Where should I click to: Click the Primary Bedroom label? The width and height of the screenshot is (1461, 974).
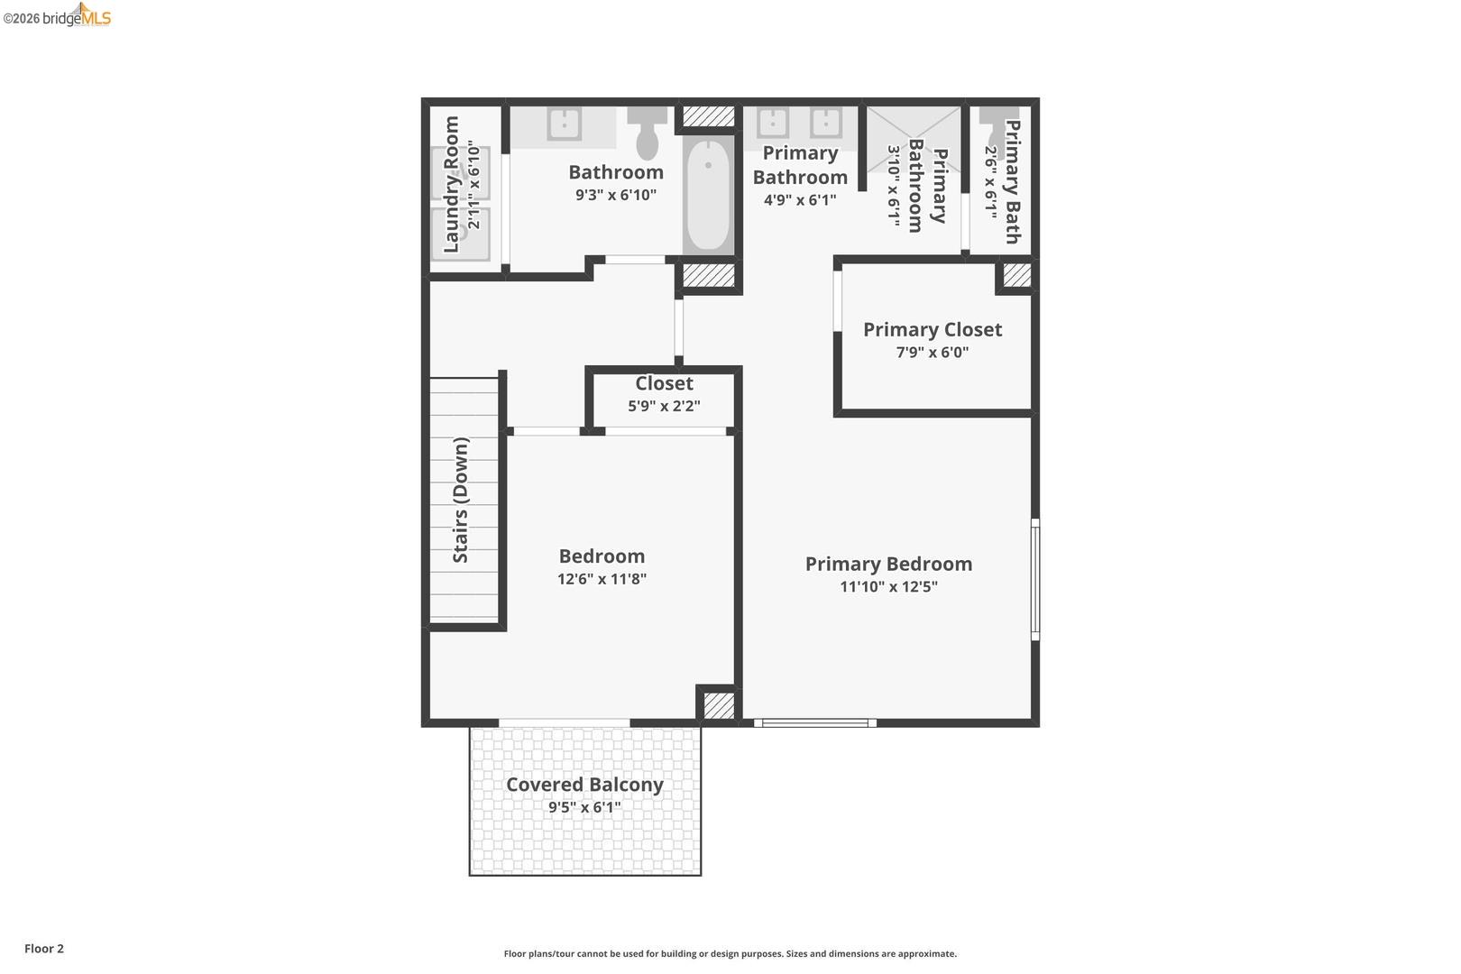(x=888, y=564)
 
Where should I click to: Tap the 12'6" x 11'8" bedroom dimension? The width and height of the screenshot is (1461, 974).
(x=602, y=579)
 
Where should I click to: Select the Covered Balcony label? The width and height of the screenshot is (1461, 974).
(x=584, y=785)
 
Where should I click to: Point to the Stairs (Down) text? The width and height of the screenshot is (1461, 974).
(x=461, y=501)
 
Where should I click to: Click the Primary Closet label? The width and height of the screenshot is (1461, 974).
(x=933, y=329)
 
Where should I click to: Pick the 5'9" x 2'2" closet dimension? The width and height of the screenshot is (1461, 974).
(x=664, y=406)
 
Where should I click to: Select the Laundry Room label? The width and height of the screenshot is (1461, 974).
(x=452, y=185)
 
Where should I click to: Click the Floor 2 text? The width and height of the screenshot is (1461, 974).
(x=44, y=949)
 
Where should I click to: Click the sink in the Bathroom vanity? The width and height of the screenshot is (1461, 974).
(x=565, y=124)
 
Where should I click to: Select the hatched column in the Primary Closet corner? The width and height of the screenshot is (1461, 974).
(x=1016, y=275)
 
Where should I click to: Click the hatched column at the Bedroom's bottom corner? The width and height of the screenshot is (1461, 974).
(x=719, y=704)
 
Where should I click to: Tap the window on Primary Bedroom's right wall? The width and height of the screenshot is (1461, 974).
(x=1035, y=579)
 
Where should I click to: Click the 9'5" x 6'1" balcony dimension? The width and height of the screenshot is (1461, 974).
(x=584, y=807)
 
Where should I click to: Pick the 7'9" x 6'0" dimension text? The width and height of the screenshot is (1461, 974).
(x=933, y=352)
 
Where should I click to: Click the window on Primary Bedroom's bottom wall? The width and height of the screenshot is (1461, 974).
(x=814, y=722)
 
